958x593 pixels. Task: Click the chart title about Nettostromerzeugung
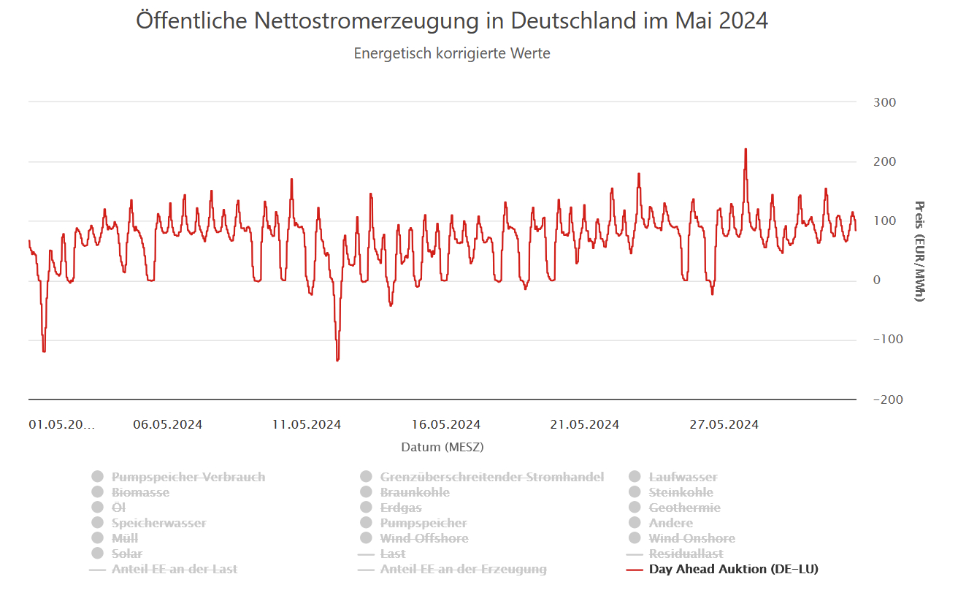[452, 20]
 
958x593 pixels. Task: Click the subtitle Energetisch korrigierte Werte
[452, 53]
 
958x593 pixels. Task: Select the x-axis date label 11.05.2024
[307, 424]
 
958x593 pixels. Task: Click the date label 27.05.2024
[724, 424]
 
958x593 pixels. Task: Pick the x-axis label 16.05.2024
[446, 424]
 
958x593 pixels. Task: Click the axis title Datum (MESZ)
[442, 446]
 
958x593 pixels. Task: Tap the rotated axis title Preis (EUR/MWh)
[919, 250]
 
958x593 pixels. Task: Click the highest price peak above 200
[746, 149]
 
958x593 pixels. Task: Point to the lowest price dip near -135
[337, 359]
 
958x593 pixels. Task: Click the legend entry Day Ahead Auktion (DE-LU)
[733, 569]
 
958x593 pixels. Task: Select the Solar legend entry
[127, 554]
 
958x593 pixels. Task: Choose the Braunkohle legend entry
[415, 492]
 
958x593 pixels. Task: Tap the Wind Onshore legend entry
[691, 538]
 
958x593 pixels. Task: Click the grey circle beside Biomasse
[98, 492]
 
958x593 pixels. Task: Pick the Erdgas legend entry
[401, 508]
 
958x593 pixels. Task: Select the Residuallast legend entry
[686, 554]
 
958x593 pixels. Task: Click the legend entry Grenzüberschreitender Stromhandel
[491, 477]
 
